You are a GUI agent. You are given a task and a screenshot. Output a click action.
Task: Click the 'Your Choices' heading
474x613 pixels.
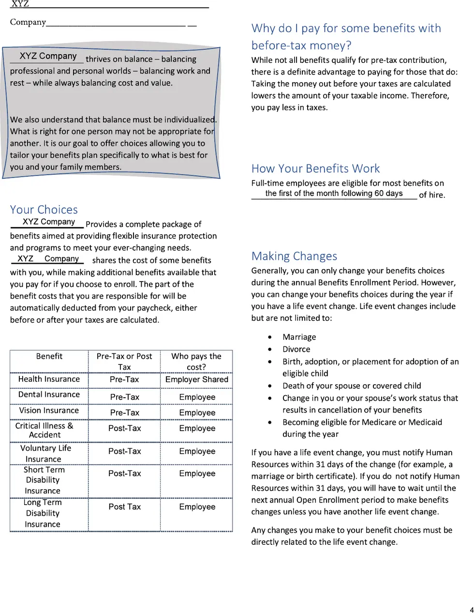(44, 209)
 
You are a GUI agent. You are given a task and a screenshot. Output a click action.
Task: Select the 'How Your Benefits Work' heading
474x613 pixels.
(315, 168)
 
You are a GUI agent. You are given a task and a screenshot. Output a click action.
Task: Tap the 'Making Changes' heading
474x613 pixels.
(294, 256)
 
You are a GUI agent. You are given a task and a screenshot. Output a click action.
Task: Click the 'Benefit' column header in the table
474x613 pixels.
(49, 357)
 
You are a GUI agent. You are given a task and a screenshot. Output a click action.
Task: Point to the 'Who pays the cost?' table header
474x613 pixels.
(196, 361)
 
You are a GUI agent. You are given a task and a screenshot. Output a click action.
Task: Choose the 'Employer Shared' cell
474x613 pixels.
(197, 379)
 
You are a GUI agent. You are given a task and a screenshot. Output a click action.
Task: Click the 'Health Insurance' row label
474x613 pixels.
(49, 379)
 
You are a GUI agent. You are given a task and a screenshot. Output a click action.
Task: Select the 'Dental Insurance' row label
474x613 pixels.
(48, 395)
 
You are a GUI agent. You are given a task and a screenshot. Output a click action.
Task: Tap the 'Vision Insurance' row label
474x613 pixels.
(49, 410)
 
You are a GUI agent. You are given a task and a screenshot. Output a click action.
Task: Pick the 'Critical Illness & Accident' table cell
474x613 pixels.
(44, 430)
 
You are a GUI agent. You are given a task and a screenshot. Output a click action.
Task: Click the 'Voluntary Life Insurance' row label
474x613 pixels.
(45, 453)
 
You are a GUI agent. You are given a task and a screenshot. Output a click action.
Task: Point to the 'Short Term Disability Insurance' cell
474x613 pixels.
(44, 480)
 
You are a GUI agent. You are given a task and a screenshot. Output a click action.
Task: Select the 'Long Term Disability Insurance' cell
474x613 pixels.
(43, 513)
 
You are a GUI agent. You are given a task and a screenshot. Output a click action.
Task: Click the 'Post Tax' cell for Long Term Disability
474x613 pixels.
(125, 507)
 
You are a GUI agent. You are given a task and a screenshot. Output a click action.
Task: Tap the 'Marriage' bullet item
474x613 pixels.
(299, 337)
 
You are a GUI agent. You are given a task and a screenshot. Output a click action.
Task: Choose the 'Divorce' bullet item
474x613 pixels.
(296, 349)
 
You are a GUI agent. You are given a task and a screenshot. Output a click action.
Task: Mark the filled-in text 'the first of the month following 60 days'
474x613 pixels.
(334, 194)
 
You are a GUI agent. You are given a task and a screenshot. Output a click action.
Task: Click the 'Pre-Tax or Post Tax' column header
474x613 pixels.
(124, 361)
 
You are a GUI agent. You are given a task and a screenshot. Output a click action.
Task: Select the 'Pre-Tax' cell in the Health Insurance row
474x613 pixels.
(124, 380)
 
